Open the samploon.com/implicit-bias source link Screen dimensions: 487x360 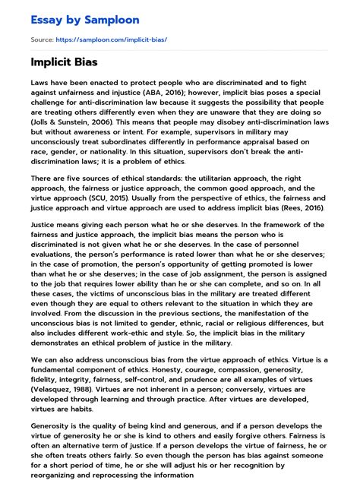click(x=110, y=38)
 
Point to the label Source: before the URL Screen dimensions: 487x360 click(x=42, y=38)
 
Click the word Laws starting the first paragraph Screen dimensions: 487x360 click(x=42, y=80)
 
